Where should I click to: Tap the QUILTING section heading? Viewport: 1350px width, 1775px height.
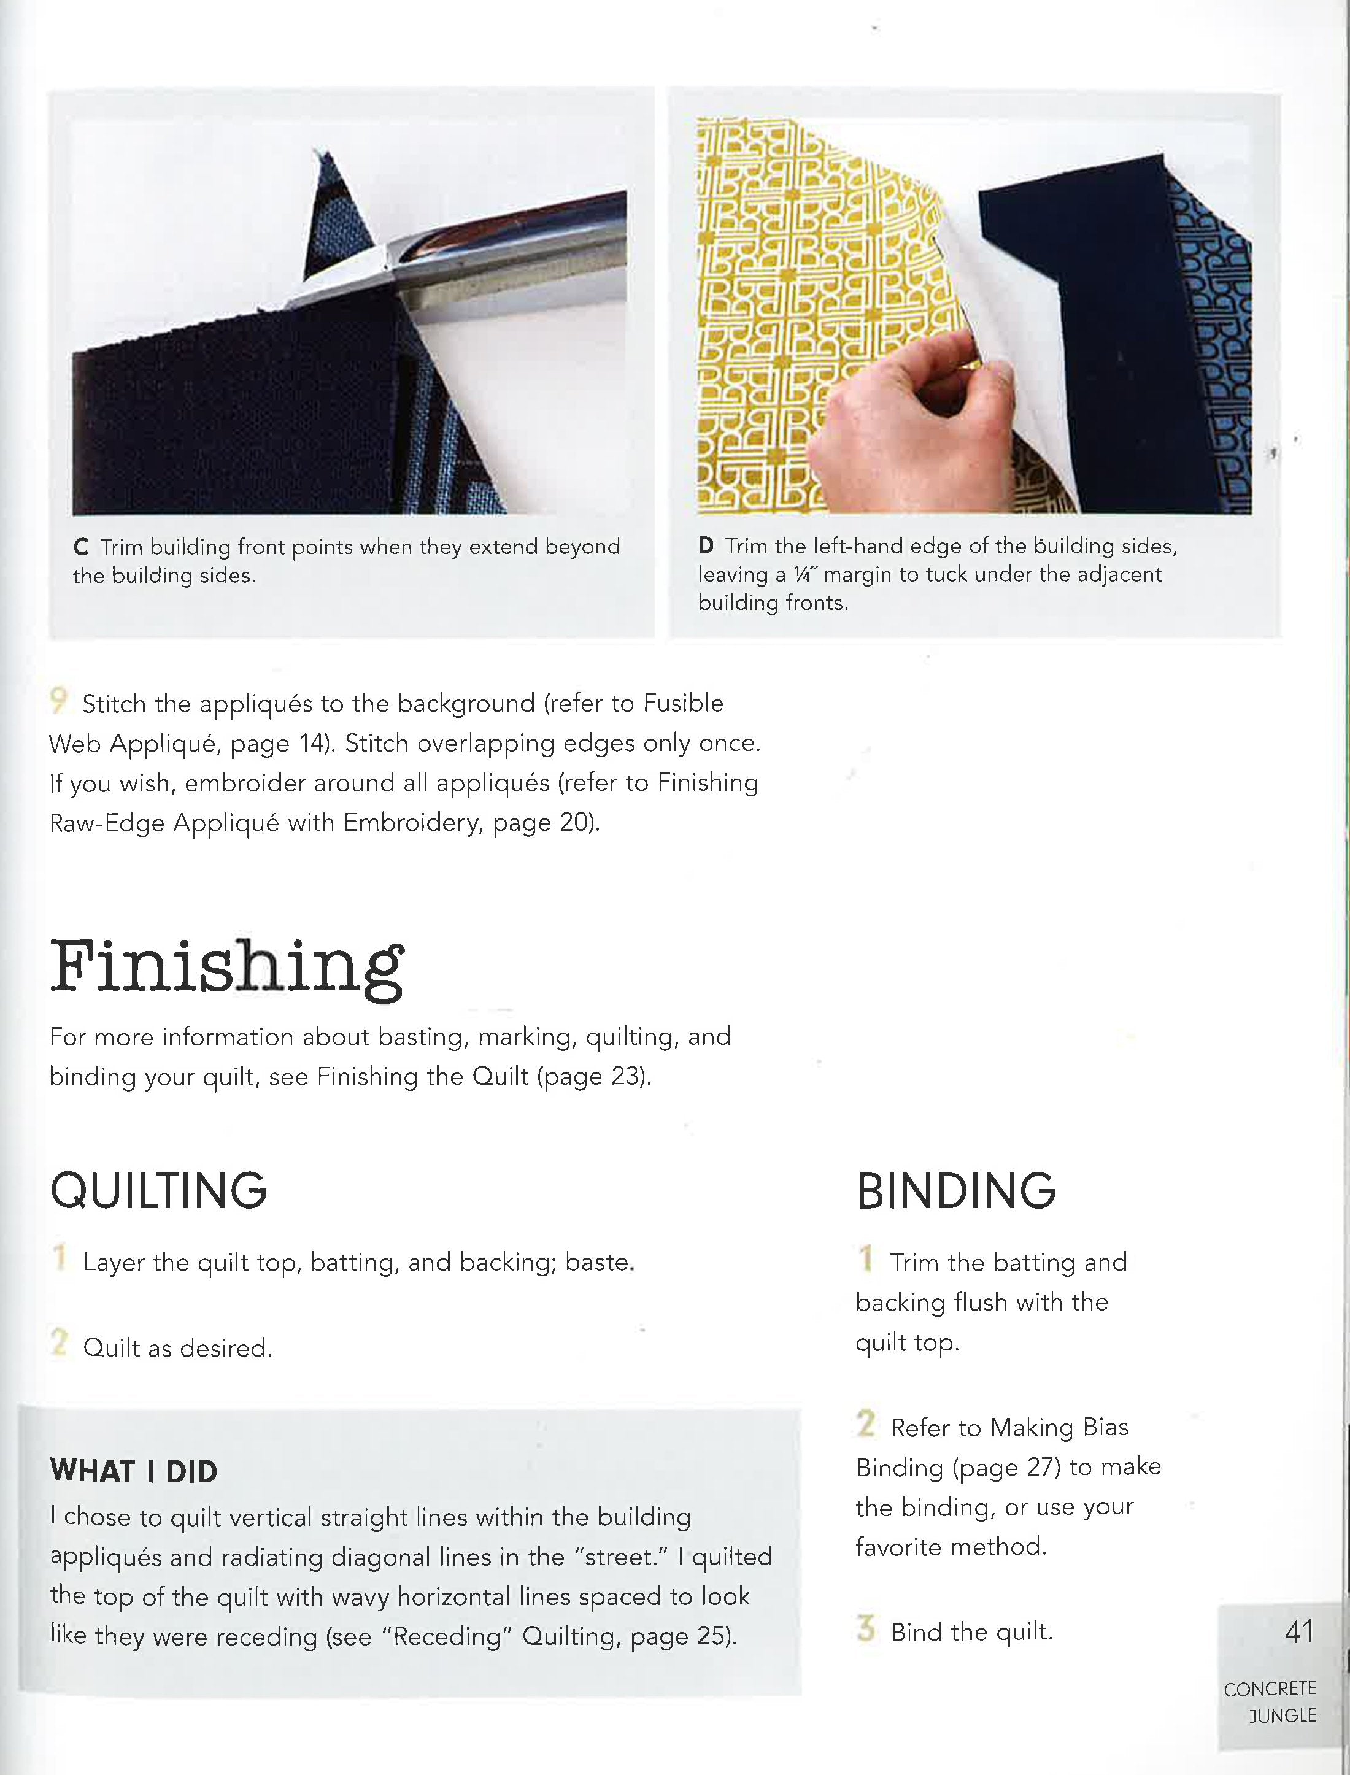[158, 1191]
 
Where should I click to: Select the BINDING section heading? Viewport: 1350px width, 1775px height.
[955, 1191]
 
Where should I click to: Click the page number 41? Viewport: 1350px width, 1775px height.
[1298, 1632]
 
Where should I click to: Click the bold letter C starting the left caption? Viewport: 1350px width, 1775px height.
[80, 547]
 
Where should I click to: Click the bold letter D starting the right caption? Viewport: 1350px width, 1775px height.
[706, 547]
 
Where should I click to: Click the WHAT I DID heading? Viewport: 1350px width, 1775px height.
[133, 1471]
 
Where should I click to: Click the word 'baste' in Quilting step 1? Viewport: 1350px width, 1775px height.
[599, 1262]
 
